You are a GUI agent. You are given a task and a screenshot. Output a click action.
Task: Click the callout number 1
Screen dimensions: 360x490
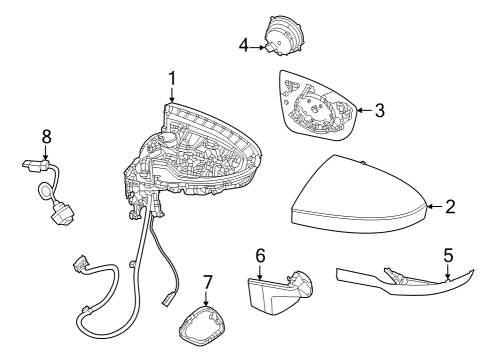point(171,77)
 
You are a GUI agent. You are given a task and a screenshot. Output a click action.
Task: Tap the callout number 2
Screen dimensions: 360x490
point(450,207)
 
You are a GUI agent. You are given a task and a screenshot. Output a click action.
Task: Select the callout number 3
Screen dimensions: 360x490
point(379,110)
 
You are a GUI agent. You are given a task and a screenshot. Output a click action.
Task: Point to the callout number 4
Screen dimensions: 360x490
point(243,44)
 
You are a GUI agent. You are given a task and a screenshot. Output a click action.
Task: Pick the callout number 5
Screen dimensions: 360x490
point(448,255)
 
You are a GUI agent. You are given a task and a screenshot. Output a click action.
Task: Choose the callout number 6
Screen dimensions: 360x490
point(260,256)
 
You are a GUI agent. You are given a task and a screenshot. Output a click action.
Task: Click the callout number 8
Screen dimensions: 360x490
point(46,135)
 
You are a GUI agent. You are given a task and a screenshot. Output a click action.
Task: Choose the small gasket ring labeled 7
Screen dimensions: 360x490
point(205,324)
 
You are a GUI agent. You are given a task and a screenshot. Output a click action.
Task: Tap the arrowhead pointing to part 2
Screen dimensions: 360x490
point(429,207)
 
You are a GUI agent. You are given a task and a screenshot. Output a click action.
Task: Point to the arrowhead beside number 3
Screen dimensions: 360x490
point(360,110)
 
